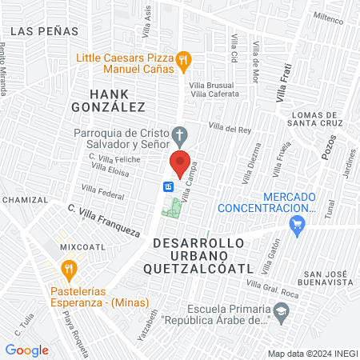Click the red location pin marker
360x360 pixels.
pos(180,162)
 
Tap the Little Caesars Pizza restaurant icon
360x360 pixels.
pos(184,58)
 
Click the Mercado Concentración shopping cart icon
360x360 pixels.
pos(298,227)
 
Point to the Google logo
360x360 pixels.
pos(26,350)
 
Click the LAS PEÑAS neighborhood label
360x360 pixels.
pos(46,30)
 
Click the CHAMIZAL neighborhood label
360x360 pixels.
pos(25,199)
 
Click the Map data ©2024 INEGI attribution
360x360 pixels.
pos(311,353)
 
